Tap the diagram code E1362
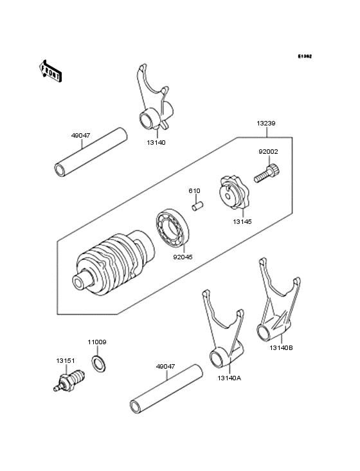[x=304, y=57]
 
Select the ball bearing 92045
[x=174, y=228]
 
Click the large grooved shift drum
[x=113, y=264]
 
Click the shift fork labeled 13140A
[x=222, y=334]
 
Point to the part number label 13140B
[x=281, y=347]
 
